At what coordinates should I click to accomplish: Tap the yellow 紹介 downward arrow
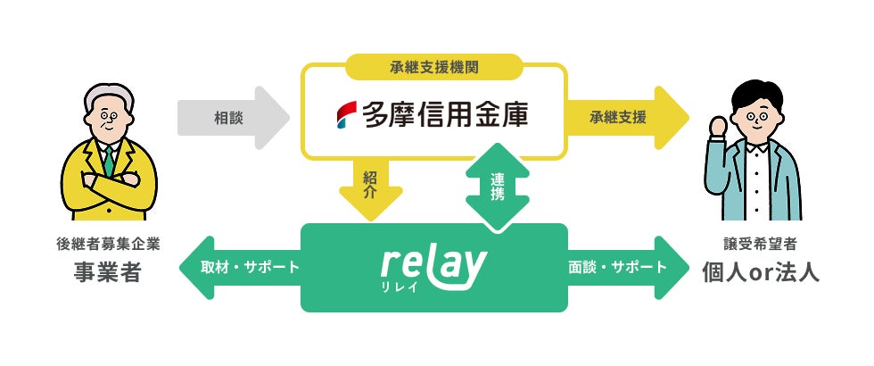tap(370, 187)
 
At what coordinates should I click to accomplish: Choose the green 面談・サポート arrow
tap(628, 267)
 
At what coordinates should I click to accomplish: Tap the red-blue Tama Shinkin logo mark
tap(346, 115)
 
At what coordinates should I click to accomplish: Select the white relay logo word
tap(433, 262)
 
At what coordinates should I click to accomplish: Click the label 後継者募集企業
tap(107, 244)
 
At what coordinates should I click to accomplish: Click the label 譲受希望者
tap(759, 244)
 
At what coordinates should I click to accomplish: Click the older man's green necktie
tap(108, 161)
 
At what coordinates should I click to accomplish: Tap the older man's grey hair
tap(106, 93)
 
